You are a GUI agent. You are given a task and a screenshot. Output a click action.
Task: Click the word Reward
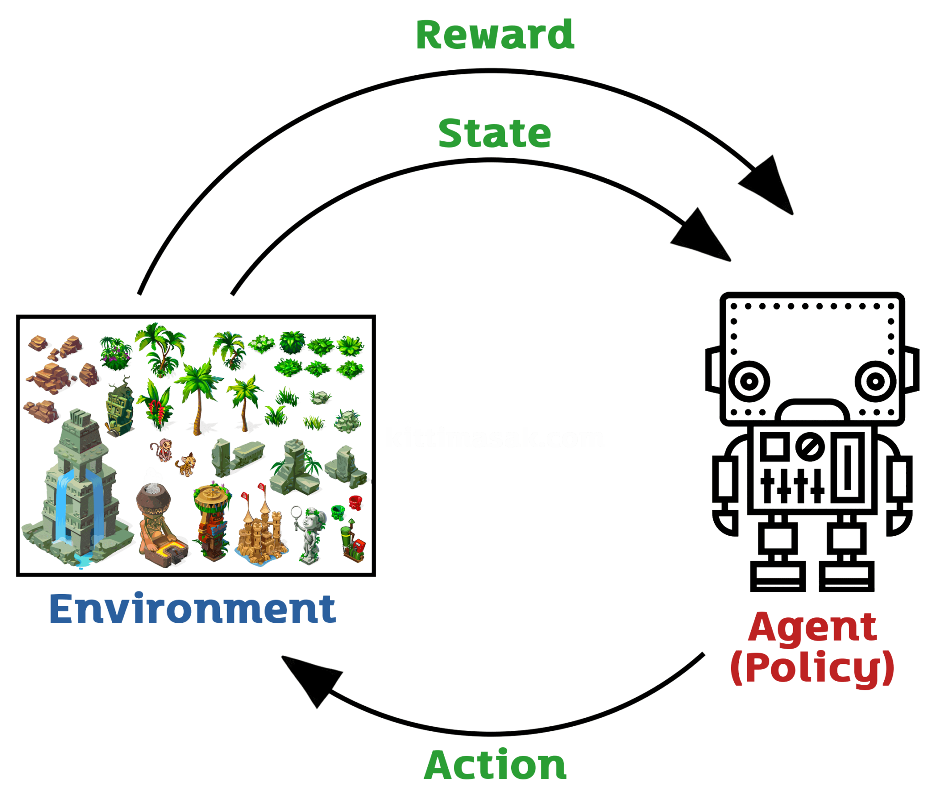tap(495, 36)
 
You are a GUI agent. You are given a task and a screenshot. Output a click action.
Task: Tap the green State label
tap(495, 133)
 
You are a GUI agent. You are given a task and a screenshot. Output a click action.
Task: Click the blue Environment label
tap(192, 609)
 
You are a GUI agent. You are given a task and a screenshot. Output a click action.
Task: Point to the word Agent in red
tap(812, 628)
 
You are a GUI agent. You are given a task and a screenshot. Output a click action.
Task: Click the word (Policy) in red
tap(812, 668)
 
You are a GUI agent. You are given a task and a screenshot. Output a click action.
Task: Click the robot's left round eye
tap(749, 381)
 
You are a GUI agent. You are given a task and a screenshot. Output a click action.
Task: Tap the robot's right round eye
tap(875, 381)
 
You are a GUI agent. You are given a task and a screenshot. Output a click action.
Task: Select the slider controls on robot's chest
tap(793, 486)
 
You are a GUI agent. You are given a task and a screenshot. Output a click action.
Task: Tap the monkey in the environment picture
tap(162, 449)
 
